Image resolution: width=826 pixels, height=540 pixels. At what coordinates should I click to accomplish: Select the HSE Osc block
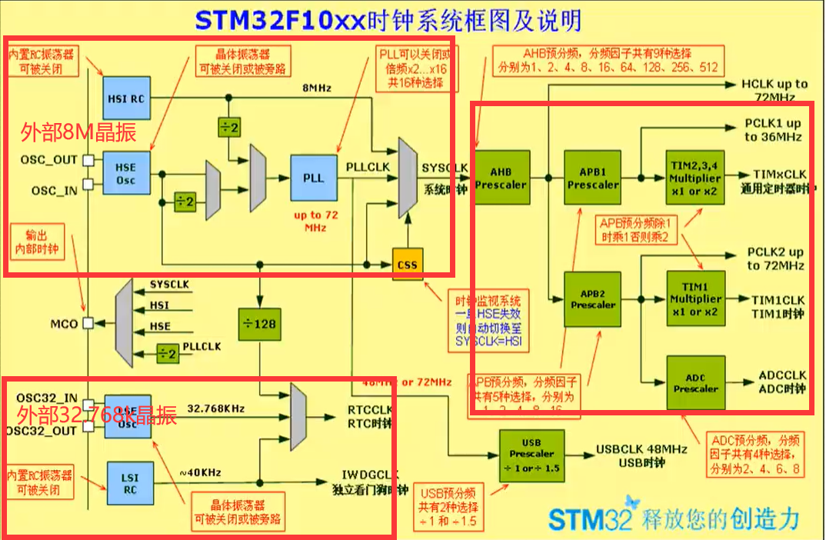[x=125, y=173]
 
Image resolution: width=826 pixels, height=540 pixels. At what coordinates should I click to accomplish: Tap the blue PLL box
[x=313, y=178]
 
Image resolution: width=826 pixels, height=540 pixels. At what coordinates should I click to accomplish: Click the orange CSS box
[x=407, y=265]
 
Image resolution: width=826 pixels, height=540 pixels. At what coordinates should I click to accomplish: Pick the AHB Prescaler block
[x=501, y=178]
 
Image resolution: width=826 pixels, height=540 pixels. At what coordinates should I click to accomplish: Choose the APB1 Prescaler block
[x=593, y=178]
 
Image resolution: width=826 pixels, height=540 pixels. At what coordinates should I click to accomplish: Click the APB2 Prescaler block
[x=593, y=298]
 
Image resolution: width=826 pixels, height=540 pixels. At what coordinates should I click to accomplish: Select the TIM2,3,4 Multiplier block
[x=695, y=178]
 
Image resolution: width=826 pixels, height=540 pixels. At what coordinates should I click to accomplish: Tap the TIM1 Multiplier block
[x=695, y=298]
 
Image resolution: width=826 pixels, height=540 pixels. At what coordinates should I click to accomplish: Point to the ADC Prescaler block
[x=695, y=382]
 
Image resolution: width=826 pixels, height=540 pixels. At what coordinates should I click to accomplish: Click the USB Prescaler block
[x=531, y=455]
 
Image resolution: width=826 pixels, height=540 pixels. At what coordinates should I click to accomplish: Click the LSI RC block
[x=130, y=483]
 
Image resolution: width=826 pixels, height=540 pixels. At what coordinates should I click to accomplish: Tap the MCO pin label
[x=64, y=324]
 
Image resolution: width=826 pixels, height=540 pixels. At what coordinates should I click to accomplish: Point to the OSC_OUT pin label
[x=54, y=160]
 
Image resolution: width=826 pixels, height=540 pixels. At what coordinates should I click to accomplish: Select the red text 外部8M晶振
[x=78, y=133]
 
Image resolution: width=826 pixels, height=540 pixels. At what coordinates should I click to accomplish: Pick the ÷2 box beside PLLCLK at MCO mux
[x=165, y=354]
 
